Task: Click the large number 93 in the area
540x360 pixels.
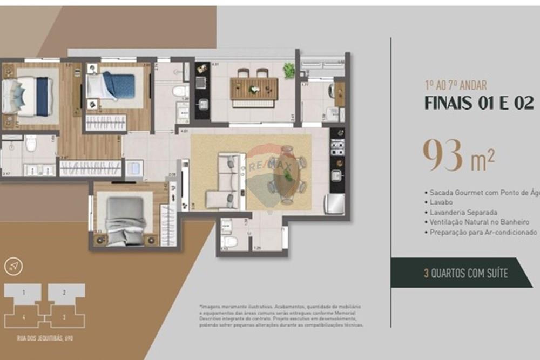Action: point(442,155)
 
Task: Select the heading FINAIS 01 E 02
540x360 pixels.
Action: point(478,103)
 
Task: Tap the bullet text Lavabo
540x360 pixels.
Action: point(442,202)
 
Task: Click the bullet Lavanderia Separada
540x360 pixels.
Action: point(463,212)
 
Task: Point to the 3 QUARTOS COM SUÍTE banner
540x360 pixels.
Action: point(465,273)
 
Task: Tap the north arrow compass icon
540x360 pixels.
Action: point(13,266)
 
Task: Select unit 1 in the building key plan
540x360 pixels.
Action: point(24,293)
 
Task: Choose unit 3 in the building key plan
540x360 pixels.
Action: point(64,317)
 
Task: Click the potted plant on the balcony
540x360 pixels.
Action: point(289,70)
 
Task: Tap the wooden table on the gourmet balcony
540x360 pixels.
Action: point(254,88)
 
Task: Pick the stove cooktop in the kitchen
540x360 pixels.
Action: point(337,145)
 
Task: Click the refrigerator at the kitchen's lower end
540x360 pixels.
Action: point(334,204)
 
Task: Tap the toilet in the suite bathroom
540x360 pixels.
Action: point(31,142)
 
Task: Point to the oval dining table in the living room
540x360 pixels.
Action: point(286,173)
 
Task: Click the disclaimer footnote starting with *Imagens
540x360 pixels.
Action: point(281,316)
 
